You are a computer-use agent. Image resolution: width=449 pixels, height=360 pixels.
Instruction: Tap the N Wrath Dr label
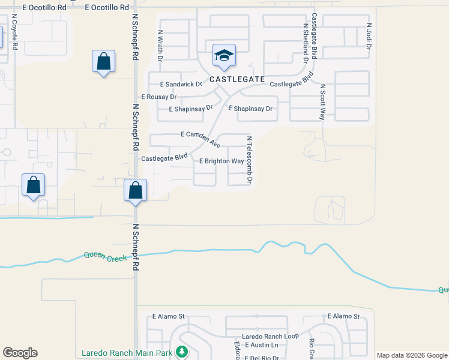tap(160, 45)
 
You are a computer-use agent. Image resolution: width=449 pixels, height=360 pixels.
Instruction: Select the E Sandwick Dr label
tap(181, 85)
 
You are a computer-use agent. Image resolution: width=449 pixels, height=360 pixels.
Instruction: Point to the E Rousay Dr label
tap(158, 97)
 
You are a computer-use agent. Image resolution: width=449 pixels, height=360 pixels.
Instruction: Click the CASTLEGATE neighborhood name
tap(237, 79)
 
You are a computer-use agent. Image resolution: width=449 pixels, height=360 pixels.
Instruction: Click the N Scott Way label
tap(322, 102)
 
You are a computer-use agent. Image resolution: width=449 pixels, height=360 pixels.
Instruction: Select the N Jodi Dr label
tap(369, 36)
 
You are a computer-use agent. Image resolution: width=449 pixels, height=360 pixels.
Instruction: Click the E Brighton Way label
tap(221, 161)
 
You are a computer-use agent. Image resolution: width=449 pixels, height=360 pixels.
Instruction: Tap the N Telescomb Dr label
tap(249, 159)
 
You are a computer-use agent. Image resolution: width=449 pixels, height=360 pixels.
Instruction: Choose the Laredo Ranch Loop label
tap(270, 337)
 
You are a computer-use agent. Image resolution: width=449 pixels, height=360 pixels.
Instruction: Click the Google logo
tap(20, 353)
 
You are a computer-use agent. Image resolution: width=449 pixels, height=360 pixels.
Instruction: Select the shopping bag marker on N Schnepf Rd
tap(136, 191)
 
